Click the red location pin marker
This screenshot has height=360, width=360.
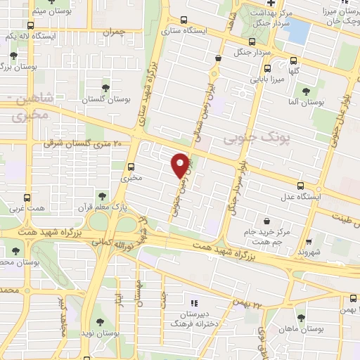pos(181,165)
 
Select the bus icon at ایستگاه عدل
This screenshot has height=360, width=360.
pos(301,186)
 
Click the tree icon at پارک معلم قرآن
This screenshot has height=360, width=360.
pos(103,196)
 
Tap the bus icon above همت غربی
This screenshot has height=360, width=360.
pos(27,198)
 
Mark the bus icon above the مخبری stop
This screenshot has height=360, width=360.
pos(131,167)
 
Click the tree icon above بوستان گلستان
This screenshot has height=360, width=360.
pos(105,88)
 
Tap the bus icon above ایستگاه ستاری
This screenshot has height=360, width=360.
pos(184,20)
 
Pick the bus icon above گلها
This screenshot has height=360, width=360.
pos(267,69)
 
